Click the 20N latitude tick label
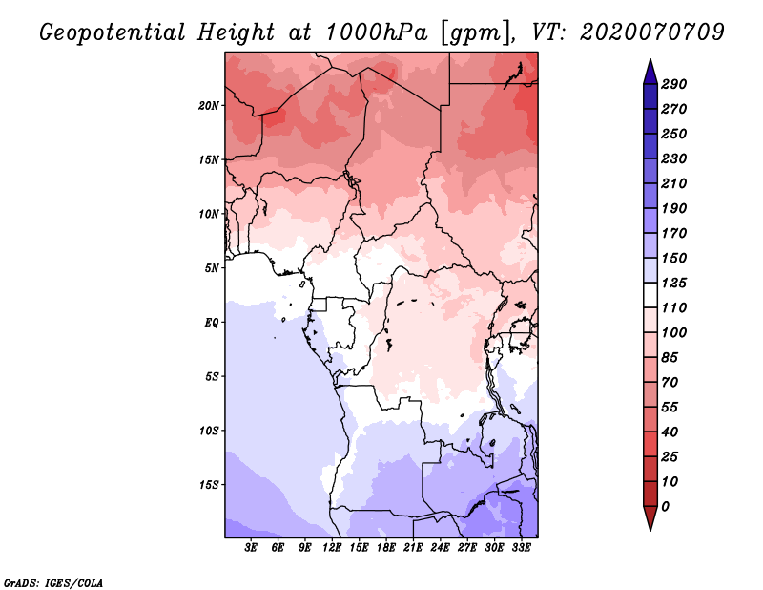point(209,105)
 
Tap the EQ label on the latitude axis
point(212,322)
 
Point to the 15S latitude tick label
point(209,484)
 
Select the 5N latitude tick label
point(212,267)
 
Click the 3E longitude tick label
point(252,548)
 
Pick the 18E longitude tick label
point(386,548)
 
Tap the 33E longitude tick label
point(521,548)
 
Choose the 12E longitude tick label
point(332,548)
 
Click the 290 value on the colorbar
point(674,84)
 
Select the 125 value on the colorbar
point(674,283)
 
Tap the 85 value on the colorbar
point(670,357)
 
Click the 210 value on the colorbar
point(674,183)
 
